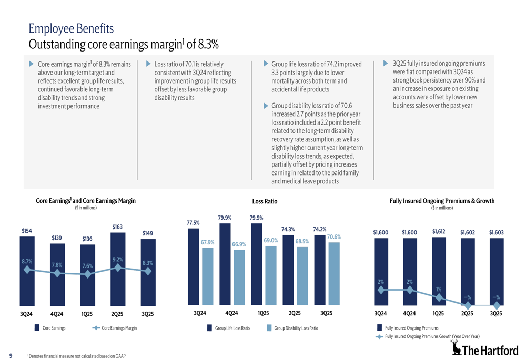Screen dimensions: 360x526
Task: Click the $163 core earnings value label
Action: coord(117,227)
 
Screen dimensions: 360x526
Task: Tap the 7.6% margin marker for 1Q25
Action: coord(87,273)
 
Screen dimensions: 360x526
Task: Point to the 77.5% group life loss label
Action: coord(193,223)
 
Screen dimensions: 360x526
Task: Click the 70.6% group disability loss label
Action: coord(334,237)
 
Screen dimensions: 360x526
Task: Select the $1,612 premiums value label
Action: coord(439,231)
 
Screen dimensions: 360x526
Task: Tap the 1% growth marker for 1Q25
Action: coord(438,297)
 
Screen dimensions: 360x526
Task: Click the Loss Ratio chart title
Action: coord(265,201)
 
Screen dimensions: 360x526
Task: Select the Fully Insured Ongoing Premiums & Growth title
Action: coord(442,201)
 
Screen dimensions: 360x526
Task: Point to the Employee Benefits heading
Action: coord(71,28)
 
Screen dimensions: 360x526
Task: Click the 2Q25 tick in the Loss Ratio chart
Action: coord(295,313)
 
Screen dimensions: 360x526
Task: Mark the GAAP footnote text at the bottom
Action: coord(77,356)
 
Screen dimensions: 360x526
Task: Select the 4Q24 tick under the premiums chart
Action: coord(409,313)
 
